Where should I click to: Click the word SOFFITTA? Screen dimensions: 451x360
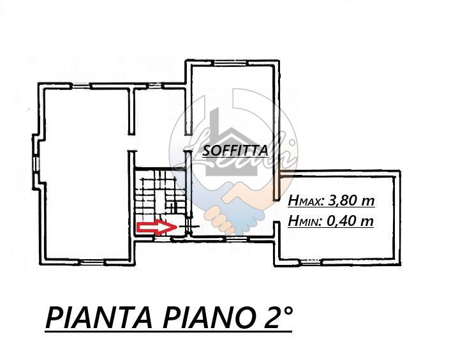(x=235, y=150)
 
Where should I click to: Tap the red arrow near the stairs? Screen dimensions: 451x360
(x=157, y=227)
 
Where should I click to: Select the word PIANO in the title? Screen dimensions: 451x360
(x=209, y=317)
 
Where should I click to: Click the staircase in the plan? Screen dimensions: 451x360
(x=160, y=202)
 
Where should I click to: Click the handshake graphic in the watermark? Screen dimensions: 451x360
(x=236, y=207)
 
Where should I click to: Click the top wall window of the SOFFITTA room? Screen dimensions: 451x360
(x=231, y=63)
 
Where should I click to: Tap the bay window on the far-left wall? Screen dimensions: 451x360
(x=35, y=163)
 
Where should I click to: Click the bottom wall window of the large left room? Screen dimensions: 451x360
(x=91, y=262)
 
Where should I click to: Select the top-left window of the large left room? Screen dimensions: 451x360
(x=80, y=86)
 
